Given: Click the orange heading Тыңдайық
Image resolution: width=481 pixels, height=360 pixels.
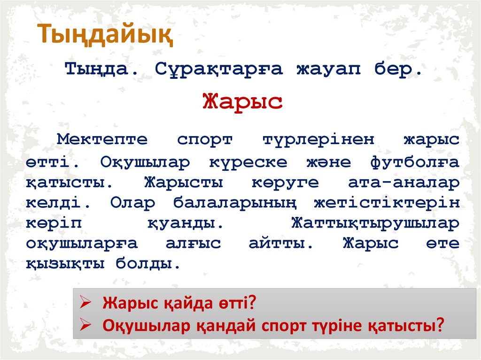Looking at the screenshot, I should coord(105,34).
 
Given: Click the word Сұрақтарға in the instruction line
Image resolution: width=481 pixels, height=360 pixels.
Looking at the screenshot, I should coord(218,70).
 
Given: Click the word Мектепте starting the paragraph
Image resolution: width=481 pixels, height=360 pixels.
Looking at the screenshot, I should coord(102,139).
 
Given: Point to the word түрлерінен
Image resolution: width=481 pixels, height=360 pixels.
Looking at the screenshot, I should coord(318,139).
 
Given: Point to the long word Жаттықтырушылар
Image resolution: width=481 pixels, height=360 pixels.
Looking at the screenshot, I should coord(376,223).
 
